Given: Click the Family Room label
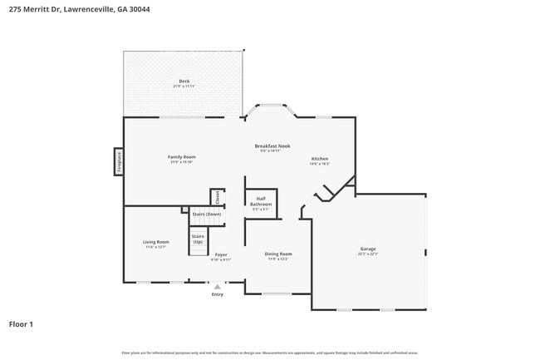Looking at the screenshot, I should pyautogui.click(x=183, y=156).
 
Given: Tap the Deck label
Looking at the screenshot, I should pyautogui.click(x=184, y=81).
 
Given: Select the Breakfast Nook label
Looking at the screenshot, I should pyautogui.click(x=272, y=145).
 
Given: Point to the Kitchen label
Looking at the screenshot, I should pyautogui.click(x=320, y=159).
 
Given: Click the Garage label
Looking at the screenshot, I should pyautogui.click(x=368, y=249).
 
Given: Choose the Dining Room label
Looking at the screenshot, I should pyautogui.click(x=278, y=254).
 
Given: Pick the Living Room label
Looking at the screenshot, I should pyautogui.click(x=156, y=242).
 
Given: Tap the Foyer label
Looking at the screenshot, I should pyautogui.click(x=221, y=254).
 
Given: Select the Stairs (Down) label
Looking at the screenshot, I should pyautogui.click(x=207, y=215).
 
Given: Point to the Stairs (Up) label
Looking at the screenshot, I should pyautogui.click(x=198, y=239).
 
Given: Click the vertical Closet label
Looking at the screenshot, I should pyautogui.click(x=218, y=197).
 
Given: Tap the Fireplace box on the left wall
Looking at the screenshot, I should pyautogui.click(x=119, y=161).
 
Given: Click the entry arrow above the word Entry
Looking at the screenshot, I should pyautogui.click(x=218, y=286).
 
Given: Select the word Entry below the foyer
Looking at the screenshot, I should pyautogui.click(x=218, y=294).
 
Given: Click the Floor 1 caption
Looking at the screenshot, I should pyautogui.click(x=21, y=324).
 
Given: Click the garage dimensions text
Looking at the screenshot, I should pyautogui.click(x=368, y=254).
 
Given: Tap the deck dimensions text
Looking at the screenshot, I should pyautogui.click(x=184, y=86).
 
